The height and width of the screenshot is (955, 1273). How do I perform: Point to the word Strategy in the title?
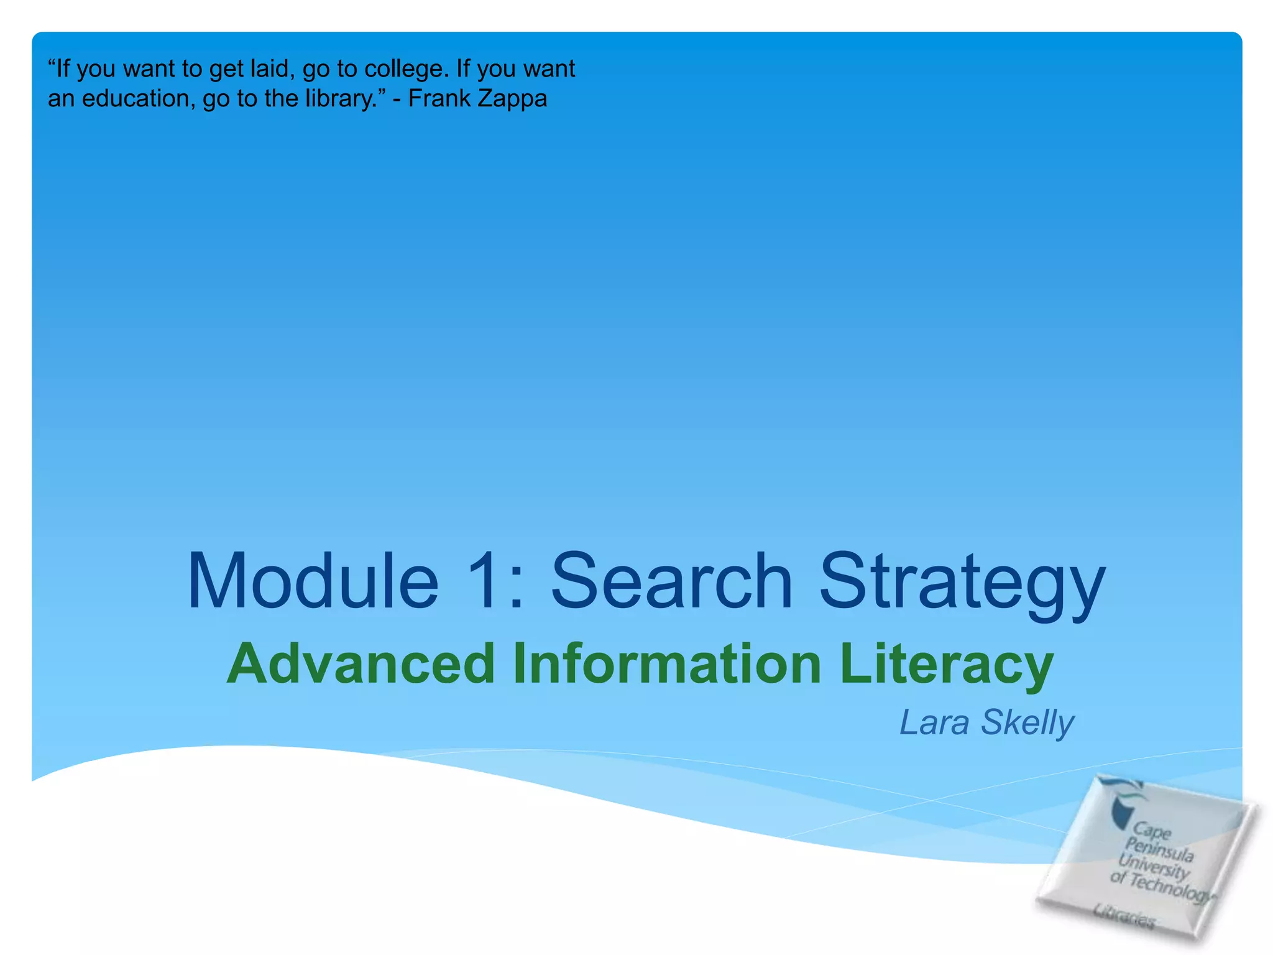click(962, 584)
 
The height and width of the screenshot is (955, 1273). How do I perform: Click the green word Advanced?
click(361, 663)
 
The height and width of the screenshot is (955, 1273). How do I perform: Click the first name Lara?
click(934, 722)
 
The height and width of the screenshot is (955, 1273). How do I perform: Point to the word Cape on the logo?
click(1152, 830)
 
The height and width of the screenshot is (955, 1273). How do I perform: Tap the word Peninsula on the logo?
click(1159, 849)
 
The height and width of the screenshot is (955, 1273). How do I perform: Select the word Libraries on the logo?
click(1124, 915)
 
